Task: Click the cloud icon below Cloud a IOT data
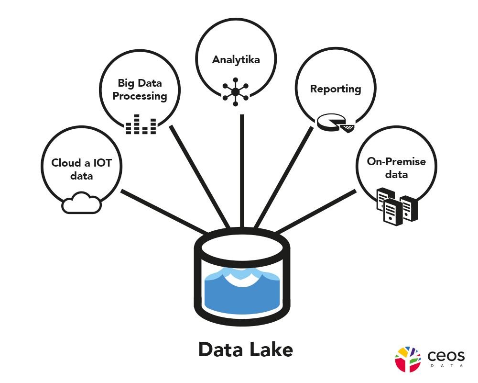(x=82, y=203)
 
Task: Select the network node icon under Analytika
(x=235, y=91)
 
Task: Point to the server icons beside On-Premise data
(x=394, y=206)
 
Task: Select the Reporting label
(x=335, y=89)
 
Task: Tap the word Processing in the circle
(x=140, y=96)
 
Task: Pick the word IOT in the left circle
(x=102, y=163)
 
